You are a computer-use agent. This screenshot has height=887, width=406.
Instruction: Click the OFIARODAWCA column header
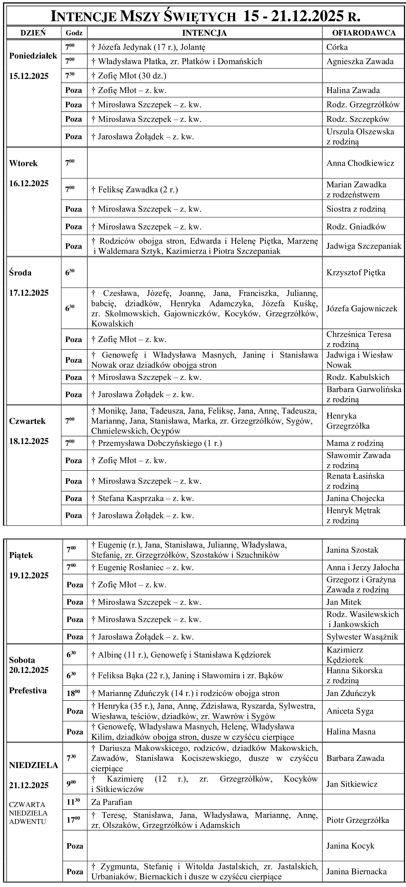click(363, 33)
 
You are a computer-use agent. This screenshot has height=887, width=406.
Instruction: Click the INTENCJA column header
click(204, 33)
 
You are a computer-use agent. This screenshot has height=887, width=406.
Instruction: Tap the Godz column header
click(74, 33)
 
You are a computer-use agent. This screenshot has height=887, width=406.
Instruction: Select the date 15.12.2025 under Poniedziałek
click(29, 76)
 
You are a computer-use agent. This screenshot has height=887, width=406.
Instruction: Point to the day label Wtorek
click(23, 163)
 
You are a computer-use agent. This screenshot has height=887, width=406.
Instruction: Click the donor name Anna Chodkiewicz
click(360, 163)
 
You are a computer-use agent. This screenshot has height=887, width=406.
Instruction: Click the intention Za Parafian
click(112, 802)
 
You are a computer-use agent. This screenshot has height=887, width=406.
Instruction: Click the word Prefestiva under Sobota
click(28, 691)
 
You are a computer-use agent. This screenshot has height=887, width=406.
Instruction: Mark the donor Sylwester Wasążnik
click(362, 637)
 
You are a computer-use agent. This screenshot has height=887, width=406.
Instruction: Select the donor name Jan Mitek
click(344, 602)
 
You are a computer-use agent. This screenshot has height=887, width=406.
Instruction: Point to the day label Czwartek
click(27, 421)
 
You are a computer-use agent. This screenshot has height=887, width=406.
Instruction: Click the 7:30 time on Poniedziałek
click(70, 76)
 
